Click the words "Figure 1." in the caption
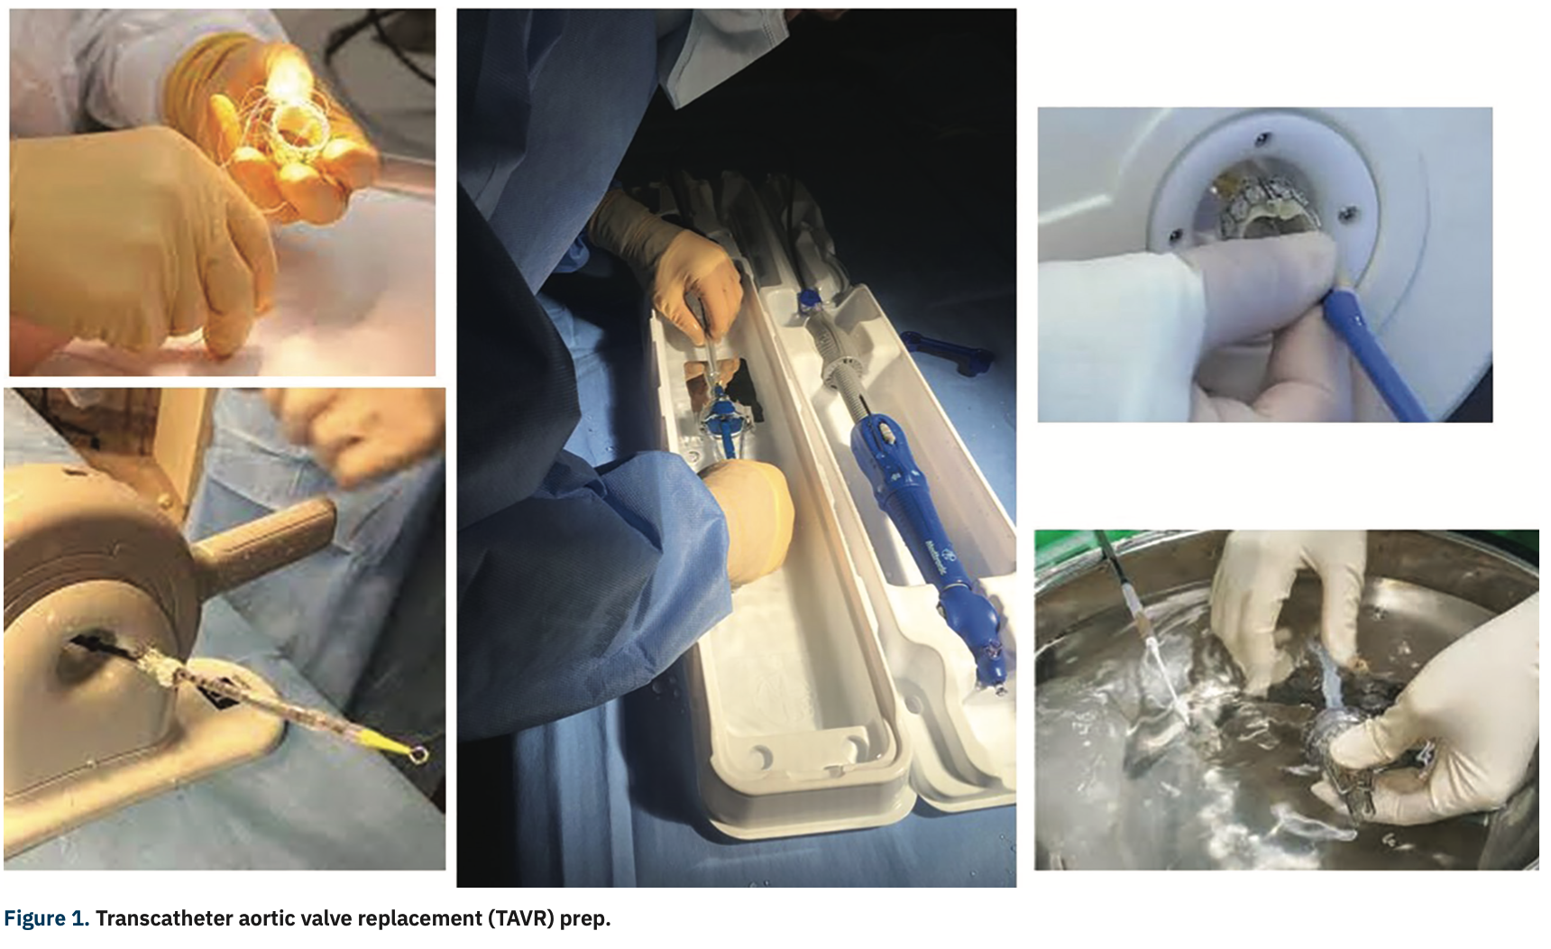(x=46, y=919)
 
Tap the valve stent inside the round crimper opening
(x=1262, y=208)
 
